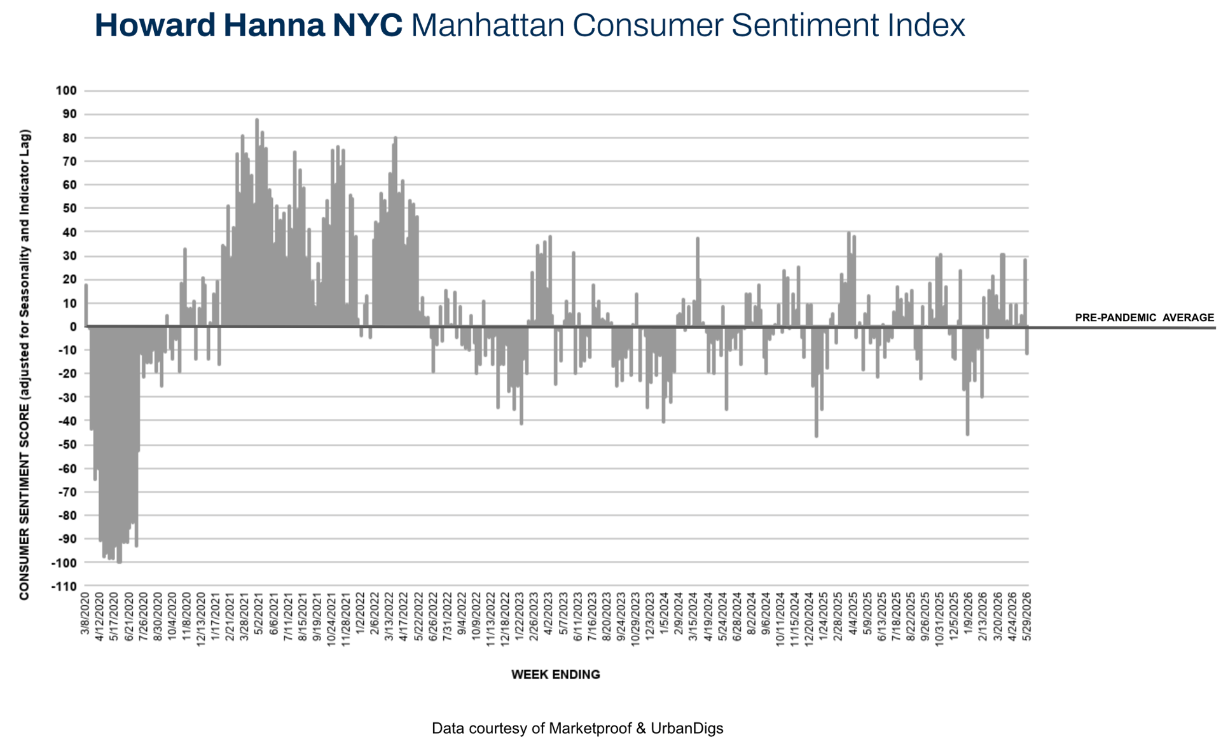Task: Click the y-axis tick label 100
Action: pos(66,91)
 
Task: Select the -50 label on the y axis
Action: pos(66,444)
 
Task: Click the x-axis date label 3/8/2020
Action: pos(85,614)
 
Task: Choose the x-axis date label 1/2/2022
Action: pos(361,614)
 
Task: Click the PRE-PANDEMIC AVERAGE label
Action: pos(1144,318)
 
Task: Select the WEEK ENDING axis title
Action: pos(556,675)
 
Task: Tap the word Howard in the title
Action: pos(156,26)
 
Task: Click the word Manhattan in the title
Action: pos(488,26)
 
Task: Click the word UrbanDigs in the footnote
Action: pos(687,729)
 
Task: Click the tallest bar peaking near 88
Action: pos(257,223)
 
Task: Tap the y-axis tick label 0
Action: pos(73,327)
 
